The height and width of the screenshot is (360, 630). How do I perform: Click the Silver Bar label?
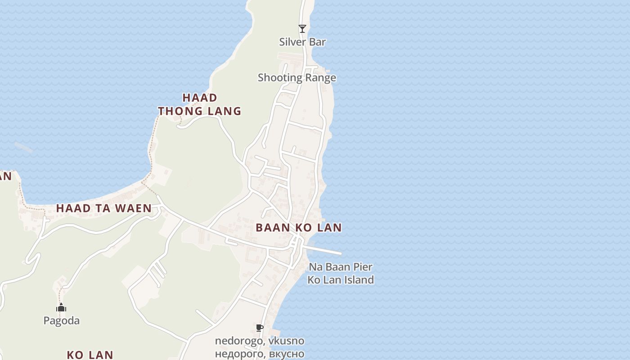302,42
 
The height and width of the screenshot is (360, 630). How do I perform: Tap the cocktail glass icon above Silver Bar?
302,29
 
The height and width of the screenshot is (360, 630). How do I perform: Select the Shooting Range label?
297,77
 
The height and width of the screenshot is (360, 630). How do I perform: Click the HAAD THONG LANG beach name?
200,104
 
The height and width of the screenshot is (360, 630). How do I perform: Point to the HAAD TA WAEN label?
104,208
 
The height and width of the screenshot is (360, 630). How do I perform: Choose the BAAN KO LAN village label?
299,228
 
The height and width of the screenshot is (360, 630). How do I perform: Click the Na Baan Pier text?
341,267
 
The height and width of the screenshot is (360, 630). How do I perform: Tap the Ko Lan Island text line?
341,280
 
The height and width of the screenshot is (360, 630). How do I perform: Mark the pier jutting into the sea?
324,250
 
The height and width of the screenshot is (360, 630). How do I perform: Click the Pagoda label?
61,321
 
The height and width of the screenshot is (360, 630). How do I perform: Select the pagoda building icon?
61,308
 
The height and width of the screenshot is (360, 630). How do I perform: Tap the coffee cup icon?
259,328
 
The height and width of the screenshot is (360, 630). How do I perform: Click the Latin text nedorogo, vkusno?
260,341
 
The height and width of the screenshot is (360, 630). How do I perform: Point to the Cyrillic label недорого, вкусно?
260,354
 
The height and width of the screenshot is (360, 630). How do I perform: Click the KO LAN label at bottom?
90,355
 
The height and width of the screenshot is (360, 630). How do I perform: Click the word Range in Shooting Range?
320,77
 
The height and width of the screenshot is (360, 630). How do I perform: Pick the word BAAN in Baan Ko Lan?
273,228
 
